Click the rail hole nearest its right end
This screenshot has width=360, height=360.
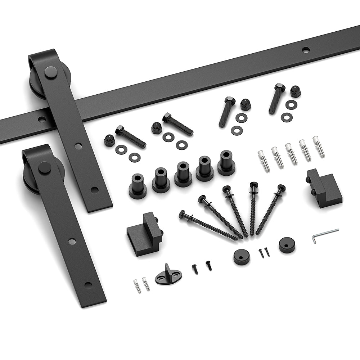(x=306, y=50)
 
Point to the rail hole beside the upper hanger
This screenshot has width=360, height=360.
(x=42, y=119)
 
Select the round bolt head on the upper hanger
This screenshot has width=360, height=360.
(x=51, y=72)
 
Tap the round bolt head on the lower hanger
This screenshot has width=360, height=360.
(x=44, y=167)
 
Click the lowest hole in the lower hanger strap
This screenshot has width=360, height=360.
(x=88, y=285)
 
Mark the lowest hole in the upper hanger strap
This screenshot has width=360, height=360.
(x=95, y=190)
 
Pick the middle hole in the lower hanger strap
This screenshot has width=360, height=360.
(x=72, y=241)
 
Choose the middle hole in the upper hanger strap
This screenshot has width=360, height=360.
(x=78, y=146)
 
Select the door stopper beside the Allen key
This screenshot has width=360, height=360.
(x=323, y=188)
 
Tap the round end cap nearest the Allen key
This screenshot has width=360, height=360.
(x=287, y=245)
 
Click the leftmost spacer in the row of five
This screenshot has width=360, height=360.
(x=138, y=186)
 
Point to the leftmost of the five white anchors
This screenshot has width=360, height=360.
(x=264, y=161)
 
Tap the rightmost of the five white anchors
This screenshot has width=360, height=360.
(x=319, y=146)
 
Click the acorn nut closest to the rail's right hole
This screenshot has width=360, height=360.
(x=295, y=91)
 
